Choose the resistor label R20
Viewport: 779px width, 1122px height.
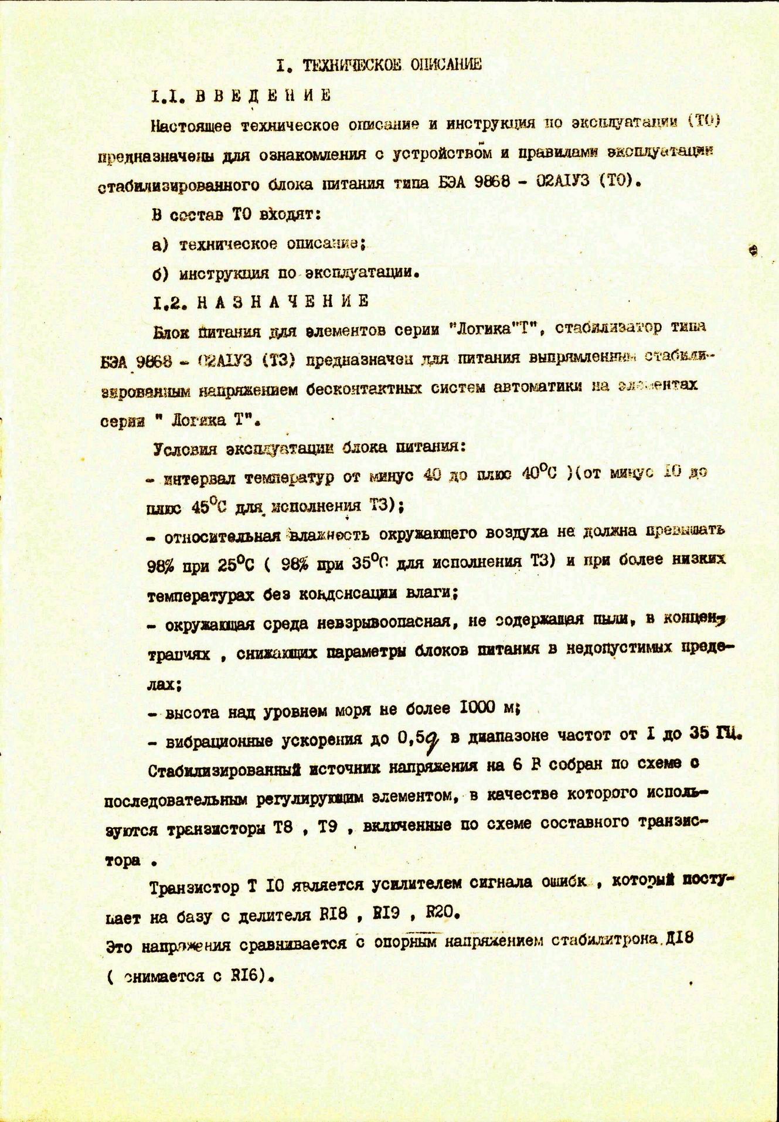coord(440,913)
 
